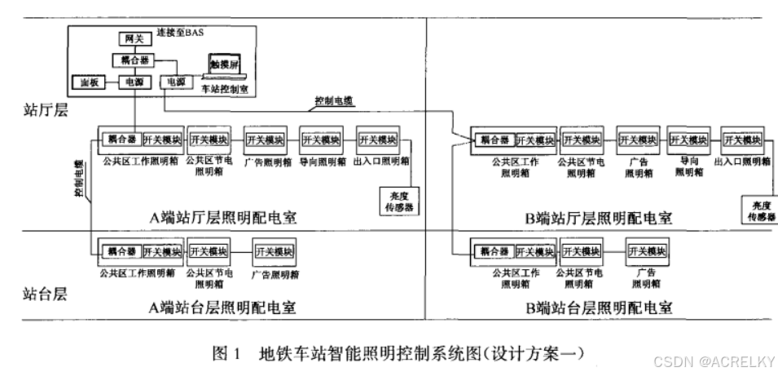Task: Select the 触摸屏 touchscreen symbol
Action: point(222,64)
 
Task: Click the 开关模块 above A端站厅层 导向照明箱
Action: point(320,139)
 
